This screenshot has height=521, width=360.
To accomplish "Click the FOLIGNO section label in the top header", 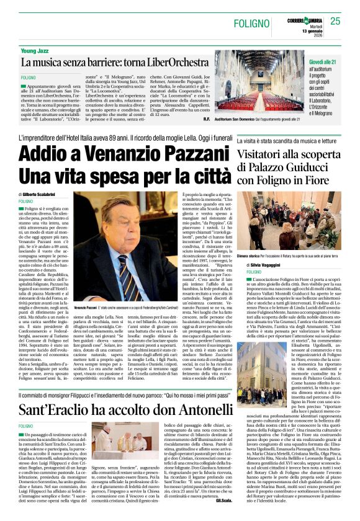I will [x=254, y=23].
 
